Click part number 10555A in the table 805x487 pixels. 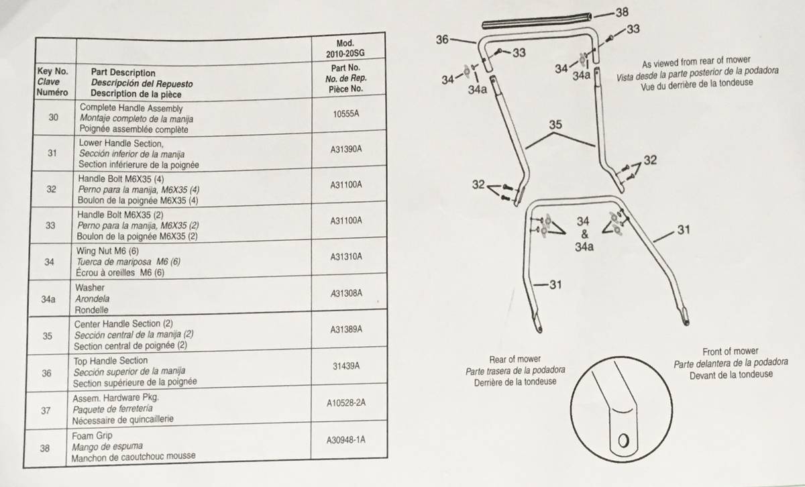pyautogui.click(x=345, y=114)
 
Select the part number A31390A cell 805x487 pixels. pyautogui.click(x=345, y=149)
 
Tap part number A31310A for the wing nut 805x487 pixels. pyautogui.click(x=346, y=257)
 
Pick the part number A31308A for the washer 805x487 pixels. pyautogui.click(x=346, y=293)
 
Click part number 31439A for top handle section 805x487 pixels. pyautogui.click(x=346, y=366)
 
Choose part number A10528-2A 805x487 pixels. pyautogui.click(x=345, y=403)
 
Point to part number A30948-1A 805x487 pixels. pyautogui.click(x=345, y=440)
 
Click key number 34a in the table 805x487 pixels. pyautogui.click(x=48, y=299)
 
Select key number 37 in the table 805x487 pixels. pyautogui.click(x=46, y=411)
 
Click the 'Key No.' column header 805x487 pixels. pyautogui.click(x=52, y=71)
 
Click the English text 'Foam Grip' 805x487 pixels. pyautogui.click(x=92, y=436)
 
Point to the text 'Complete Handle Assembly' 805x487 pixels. pyautogui.click(x=131, y=108)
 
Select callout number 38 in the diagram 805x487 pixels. pyautogui.click(x=622, y=12)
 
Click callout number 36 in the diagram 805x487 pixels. pyautogui.click(x=442, y=40)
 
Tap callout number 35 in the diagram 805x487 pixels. pyautogui.click(x=555, y=125)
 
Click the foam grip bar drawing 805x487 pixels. pyautogui.click(x=537, y=21)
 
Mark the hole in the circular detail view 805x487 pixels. pyautogui.click(x=623, y=440)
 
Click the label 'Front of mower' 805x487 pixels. pyautogui.click(x=731, y=351)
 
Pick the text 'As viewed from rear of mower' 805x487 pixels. pyautogui.click(x=696, y=62)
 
